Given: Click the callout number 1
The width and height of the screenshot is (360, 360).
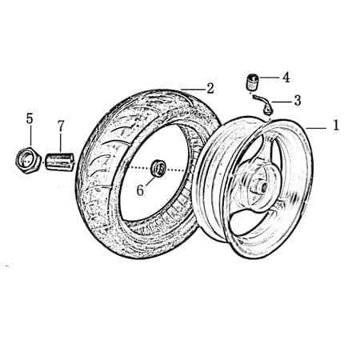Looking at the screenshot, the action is tap(336, 126).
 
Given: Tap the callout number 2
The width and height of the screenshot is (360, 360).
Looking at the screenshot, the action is tap(210, 88).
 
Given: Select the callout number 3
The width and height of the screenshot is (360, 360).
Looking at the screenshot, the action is tap(297, 101).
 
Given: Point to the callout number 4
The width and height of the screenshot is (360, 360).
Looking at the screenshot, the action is tap(286, 78).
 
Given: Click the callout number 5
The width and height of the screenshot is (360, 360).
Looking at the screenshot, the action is tap(30, 118).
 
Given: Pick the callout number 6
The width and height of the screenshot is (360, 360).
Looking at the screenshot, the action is tap(139, 190).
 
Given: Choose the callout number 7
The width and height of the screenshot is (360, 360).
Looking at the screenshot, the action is tap(60, 126).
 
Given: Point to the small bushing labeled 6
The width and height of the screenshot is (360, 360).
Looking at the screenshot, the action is tap(159, 168).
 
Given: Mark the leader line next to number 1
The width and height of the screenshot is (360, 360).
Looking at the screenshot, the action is tap(316, 126).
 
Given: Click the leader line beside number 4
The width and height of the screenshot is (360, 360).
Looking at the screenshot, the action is tap(268, 78).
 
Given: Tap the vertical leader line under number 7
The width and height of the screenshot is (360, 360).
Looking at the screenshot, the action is tap(60, 142).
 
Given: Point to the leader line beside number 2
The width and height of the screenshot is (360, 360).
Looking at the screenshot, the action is tap(192, 88).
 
